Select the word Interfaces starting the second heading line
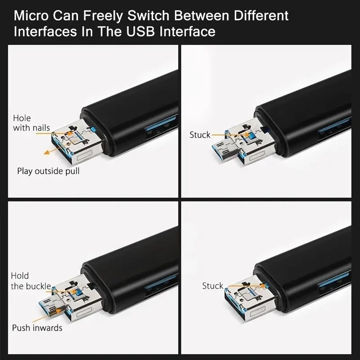coord(44,32)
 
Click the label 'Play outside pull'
coord(48,171)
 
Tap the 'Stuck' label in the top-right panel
coord(200,135)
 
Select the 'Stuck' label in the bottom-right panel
coord(212,286)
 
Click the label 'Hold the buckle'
coord(31,281)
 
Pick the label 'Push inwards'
coord(37,328)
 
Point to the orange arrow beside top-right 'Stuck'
coord(227,134)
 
